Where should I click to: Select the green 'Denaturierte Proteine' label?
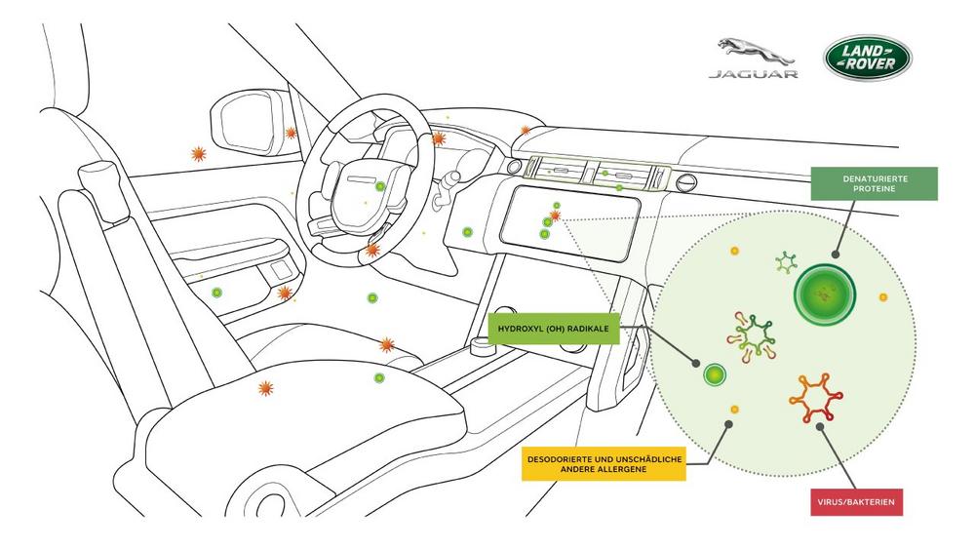[x=876, y=183]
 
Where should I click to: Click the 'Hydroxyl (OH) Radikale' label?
[x=553, y=330]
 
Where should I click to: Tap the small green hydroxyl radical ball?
[x=716, y=374]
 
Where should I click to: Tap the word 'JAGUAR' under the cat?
[x=753, y=74]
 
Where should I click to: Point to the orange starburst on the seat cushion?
[x=264, y=388]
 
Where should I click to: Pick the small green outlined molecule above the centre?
[x=786, y=261]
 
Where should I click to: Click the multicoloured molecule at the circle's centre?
[x=754, y=335]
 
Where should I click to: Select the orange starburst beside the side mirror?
[x=290, y=134]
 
